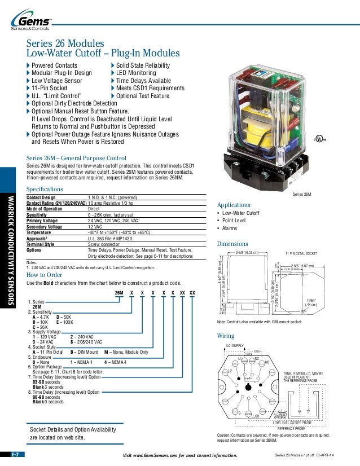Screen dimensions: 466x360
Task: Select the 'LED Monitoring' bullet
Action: (x=135, y=73)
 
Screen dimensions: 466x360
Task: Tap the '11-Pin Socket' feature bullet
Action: (x=49, y=88)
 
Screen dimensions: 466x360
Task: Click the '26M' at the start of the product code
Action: (x=119, y=293)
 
